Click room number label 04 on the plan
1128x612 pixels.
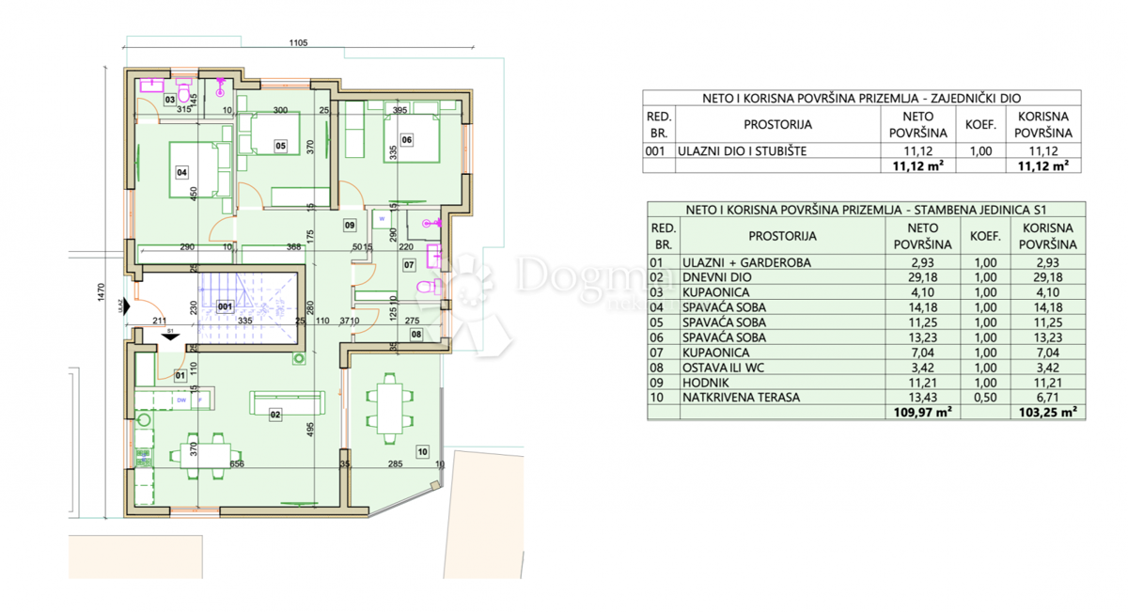(181, 172)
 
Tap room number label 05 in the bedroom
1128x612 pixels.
(280, 145)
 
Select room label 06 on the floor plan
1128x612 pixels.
(406, 139)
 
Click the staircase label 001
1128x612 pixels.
(225, 306)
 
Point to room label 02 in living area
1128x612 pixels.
(275, 414)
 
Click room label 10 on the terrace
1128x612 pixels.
(422, 452)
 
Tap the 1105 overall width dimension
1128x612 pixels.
(299, 42)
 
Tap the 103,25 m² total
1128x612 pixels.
(1046, 412)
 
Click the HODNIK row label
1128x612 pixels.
(703, 382)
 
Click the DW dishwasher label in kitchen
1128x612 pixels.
(182, 400)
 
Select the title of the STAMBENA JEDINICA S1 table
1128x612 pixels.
(866, 210)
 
